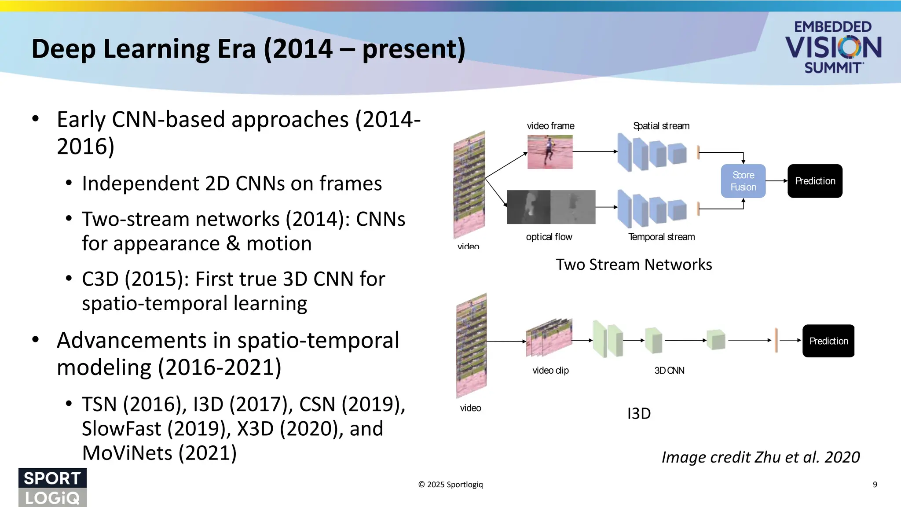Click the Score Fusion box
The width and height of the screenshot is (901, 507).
[x=743, y=181]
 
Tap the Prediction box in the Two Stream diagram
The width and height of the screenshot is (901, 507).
[x=815, y=181]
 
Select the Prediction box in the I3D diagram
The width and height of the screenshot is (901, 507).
[x=828, y=341]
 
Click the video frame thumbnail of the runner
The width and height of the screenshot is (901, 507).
[x=550, y=152]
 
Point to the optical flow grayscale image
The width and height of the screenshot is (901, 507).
[x=551, y=207]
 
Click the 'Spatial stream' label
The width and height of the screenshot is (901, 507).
[x=661, y=126]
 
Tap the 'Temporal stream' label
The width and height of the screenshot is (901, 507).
[x=661, y=237]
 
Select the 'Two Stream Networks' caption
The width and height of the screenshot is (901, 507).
[x=634, y=265]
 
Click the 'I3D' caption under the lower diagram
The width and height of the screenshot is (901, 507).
[x=638, y=414]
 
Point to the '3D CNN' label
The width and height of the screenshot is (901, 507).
[x=669, y=371]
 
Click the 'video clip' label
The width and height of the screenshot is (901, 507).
[x=550, y=371]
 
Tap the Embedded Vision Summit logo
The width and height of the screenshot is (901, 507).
[x=833, y=47]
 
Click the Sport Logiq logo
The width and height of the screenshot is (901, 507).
[x=52, y=487]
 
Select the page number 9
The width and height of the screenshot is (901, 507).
[x=875, y=485]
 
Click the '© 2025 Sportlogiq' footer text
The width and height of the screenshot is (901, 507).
[x=450, y=485]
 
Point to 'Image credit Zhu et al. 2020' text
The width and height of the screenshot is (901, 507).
[x=760, y=457]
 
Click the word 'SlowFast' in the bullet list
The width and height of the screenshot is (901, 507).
[x=121, y=429]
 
